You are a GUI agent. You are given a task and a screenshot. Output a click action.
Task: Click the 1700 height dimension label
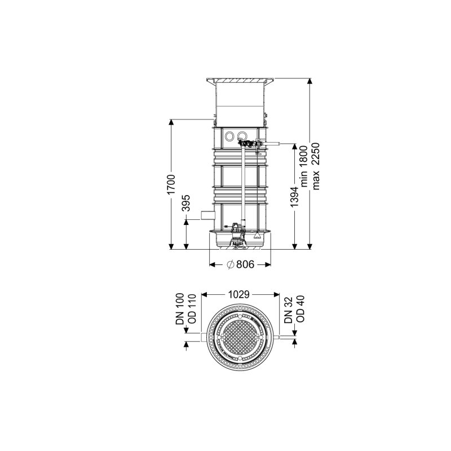[171, 184]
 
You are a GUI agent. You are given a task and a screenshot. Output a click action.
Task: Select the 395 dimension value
[187, 203]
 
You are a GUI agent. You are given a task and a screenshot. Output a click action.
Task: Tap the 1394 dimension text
[294, 197]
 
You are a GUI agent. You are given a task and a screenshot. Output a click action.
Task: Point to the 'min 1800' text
[304, 166]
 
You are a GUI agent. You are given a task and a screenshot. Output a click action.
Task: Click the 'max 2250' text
[316, 166]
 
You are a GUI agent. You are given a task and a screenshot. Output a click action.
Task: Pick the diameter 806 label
[241, 264]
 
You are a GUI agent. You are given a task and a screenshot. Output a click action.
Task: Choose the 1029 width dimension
[238, 294]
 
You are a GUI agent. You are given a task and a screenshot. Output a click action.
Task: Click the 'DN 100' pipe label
[180, 309]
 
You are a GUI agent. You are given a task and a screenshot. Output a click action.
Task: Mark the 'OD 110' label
[192, 309]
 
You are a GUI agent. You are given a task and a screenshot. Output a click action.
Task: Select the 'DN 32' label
[289, 311]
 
